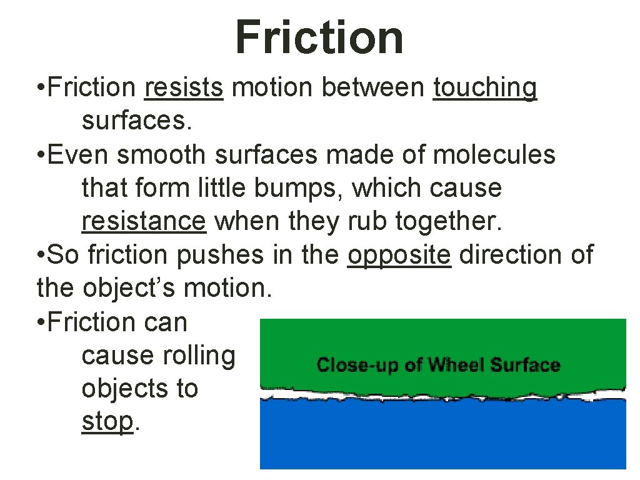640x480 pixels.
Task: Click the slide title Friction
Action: click(319, 37)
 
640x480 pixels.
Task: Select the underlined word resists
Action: click(183, 88)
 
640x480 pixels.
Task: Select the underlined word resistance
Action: click(144, 221)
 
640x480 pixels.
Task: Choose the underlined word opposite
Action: click(399, 256)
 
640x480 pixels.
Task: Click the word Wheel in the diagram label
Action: click(457, 365)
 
